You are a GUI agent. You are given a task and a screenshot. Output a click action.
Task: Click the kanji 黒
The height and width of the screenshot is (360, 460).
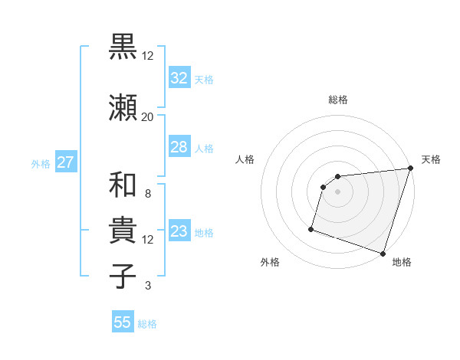click(x=123, y=47)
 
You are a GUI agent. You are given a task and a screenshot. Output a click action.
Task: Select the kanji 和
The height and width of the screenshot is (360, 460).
click(x=123, y=185)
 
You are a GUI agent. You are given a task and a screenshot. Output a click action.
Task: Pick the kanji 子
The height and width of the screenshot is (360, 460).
click(x=123, y=276)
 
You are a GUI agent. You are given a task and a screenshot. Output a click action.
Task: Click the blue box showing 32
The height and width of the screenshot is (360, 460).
click(x=179, y=78)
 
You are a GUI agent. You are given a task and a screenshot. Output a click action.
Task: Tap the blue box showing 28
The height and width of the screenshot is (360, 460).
click(x=179, y=147)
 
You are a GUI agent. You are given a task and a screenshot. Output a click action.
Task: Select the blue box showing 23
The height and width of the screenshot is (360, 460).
click(x=179, y=231)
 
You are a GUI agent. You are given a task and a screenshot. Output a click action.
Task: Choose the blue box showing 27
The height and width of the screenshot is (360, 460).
click(x=66, y=162)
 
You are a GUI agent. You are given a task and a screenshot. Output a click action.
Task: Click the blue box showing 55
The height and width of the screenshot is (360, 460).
click(x=123, y=322)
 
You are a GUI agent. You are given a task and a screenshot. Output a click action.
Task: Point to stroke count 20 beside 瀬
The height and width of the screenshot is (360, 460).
click(x=147, y=116)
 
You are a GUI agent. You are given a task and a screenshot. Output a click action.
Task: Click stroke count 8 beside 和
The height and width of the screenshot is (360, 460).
click(x=147, y=194)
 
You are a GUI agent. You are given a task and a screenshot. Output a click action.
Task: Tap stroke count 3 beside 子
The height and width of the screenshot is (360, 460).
click(x=147, y=286)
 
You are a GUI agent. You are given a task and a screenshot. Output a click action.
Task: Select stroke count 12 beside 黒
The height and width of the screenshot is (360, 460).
click(x=147, y=55)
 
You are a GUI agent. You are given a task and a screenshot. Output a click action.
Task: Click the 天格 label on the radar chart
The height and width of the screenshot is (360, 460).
click(x=431, y=159)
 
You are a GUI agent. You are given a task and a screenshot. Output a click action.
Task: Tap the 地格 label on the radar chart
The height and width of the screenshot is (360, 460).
click(x=402, y=262)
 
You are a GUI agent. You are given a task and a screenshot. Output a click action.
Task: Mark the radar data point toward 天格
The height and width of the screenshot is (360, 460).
click(x=410, y=169)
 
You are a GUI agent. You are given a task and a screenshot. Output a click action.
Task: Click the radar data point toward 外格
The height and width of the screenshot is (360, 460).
click(x=311, y=228)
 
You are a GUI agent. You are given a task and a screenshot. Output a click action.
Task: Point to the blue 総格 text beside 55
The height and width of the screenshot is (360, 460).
click(x=147, y=324)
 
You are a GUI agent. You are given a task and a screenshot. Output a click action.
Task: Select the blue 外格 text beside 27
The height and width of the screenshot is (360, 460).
click(x=41, y=164)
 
